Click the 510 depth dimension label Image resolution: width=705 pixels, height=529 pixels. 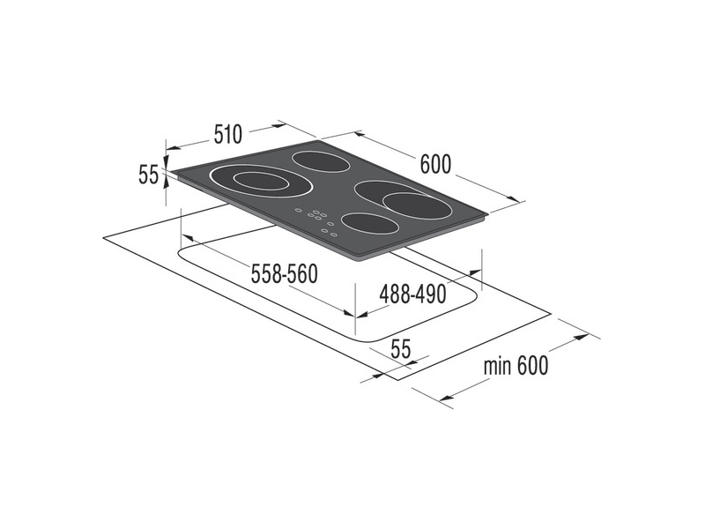226,135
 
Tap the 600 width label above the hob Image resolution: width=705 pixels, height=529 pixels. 435,164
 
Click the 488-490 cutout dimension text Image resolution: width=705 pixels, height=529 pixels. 412,294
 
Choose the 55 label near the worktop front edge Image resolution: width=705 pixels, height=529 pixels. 401,348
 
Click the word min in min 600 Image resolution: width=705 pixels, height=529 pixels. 499,365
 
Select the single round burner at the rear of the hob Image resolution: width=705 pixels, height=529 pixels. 320,161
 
